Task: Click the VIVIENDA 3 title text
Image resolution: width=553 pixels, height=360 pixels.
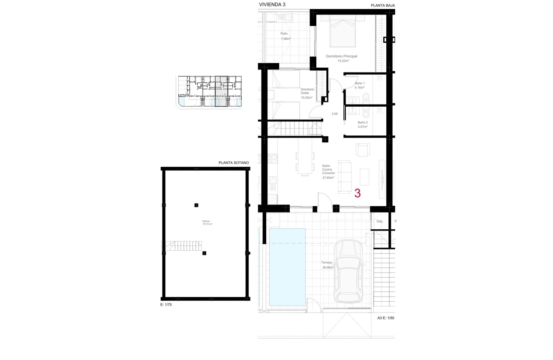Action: [x=272, y=5]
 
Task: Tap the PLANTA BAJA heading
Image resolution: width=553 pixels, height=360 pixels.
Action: [x=383, y=6]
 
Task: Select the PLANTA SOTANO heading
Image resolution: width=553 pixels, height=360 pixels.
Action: [x=234, y=163]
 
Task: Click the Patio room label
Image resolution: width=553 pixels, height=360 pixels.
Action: [x=284, y=33]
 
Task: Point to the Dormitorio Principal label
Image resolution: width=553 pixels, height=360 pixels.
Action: [x=342, y=56]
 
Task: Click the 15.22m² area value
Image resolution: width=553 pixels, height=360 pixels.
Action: [x=343, y=61]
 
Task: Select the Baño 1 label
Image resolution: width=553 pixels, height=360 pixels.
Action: [x=360, y=83]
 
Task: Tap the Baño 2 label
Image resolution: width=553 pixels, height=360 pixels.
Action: [x=363, y=122]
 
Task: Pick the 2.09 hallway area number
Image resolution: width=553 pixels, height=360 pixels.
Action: [x=335, y=114]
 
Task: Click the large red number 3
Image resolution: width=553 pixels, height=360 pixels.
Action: [x=358, y=193]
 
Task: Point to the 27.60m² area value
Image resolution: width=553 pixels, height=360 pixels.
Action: [x=328, y=177]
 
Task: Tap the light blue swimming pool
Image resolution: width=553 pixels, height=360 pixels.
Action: [x=287, y=267]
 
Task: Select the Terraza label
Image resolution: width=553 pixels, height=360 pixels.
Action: [x=328, y=263]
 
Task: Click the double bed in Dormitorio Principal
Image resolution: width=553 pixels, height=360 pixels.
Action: [x=343, y=34]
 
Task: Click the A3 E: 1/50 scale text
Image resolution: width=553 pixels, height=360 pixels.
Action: [x=385, y=318]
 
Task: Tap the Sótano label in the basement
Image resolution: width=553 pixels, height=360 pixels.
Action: [x=206, y=221]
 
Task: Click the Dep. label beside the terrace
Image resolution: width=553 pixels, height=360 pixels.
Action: [x=379, y=222]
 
